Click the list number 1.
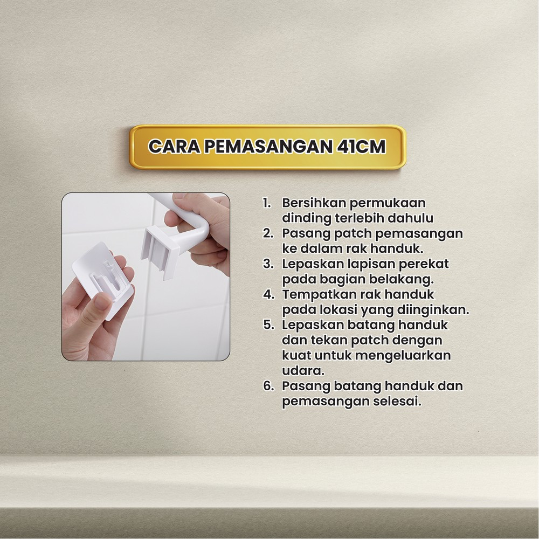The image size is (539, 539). [x=267, y=203]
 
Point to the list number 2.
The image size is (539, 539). [x=268, y=233]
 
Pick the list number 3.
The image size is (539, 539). [x=268, y=264]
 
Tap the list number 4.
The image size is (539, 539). [x=268, y=295]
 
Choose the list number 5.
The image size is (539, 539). [x=268, y=325]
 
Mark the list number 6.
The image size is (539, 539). [x=268, y=386]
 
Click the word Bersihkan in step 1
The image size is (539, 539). [x=314, y=203]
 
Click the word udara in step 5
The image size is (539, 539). [x=303, y=371]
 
